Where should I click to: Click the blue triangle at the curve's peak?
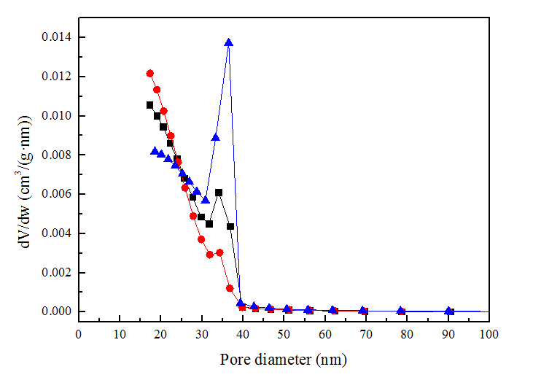click(228, 42)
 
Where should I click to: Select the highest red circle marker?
click(149, 74)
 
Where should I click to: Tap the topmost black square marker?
click(149, 105)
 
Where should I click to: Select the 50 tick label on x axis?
click(284, 334)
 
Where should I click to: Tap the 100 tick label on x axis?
click(489, 334)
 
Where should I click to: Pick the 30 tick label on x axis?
click(202, 334)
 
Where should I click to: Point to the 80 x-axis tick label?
click(407, 334)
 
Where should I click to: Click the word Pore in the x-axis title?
click(234, 360)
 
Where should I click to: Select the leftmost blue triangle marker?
click(155, 151)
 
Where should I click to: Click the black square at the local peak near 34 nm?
click(219, 193)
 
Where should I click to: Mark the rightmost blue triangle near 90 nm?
click(449, 311)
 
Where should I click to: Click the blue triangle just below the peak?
click(216, 136)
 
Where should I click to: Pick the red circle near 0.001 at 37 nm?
click(230, 288)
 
